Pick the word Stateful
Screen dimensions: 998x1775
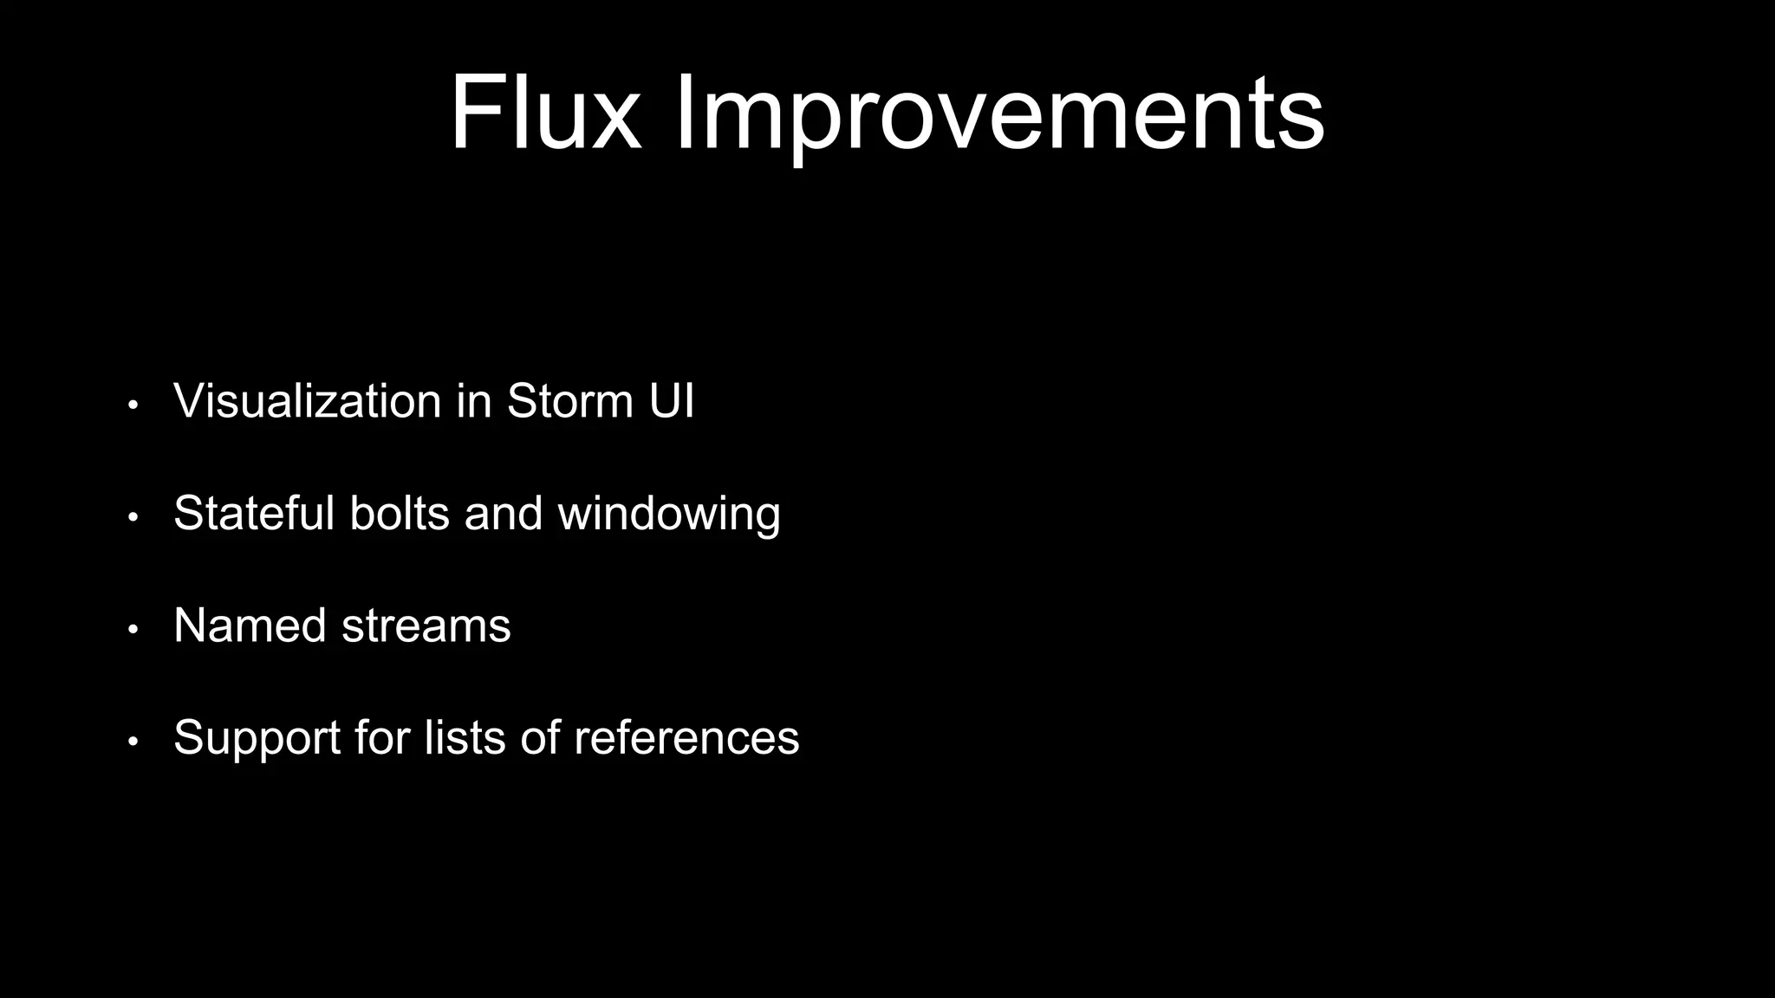254,513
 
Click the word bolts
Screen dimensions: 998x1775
400,513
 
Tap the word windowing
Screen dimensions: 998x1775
669,515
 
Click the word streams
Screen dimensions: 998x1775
426,625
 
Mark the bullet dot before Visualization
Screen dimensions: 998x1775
133,405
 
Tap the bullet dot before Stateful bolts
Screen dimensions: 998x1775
133,517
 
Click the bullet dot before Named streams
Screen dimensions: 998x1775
133,630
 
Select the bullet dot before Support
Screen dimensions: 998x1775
133,742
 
